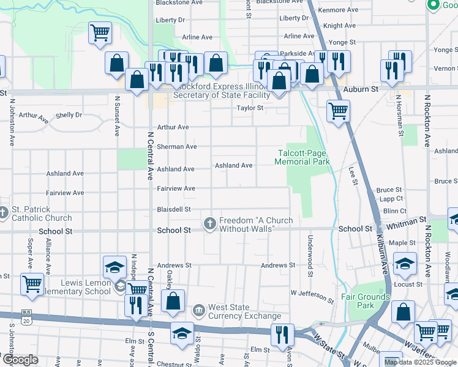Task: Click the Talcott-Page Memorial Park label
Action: pyautogui.click(x=302, y=157)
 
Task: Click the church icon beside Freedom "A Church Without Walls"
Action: pyautogui.click(x=210, y=224)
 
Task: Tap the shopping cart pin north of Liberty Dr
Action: pyautogui.click(x=100, y=33)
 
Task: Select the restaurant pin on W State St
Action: pyautogui.click(x=282, y=333)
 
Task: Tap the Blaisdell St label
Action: pyautogui.click(x=174, y=209)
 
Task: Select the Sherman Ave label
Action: pyautogui.click(x=177, y=147)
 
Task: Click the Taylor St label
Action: pyautogui.click(x=250, y=108)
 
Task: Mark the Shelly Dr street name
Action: pyautogui.click(x=69, y=115)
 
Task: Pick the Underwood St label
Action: pyautogui.click(x=310, y=254)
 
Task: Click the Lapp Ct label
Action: pyautogui.click(x=391, y=199)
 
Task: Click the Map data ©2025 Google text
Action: pyautogui.click(x=419, y=361)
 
